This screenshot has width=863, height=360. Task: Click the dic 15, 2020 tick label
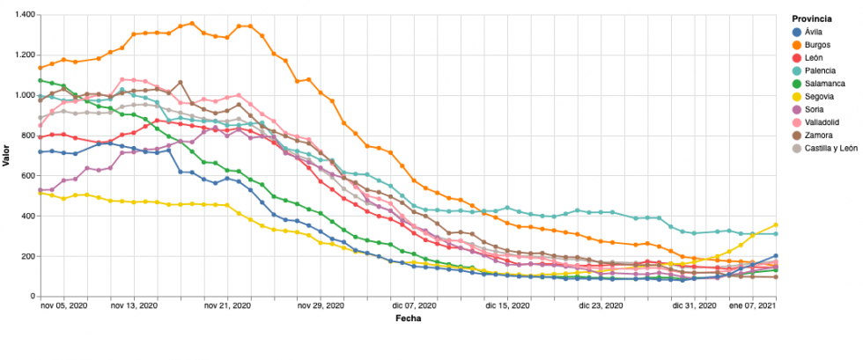pyautogui.click(x=506, y=307)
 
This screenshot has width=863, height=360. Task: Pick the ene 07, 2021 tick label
pyautogui.click(x=751, y=307)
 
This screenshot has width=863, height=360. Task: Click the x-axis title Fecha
pyautogui.click(x=408, y=319)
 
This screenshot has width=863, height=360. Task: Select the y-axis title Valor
pyautogui.click(x=6, y=156)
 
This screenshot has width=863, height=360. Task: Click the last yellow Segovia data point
pyautogui.click(x=776, y=225)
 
